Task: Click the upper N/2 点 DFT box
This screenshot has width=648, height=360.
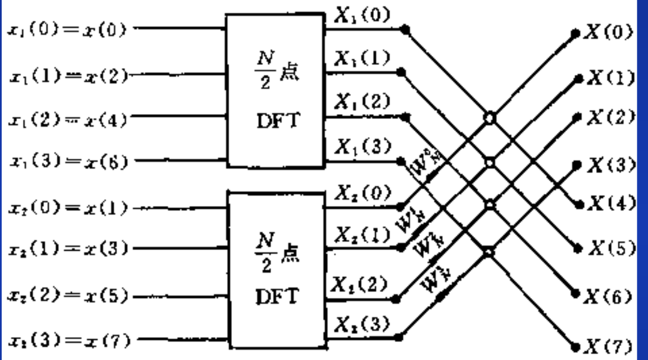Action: (275, 91)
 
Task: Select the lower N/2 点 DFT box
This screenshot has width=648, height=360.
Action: (275, 270)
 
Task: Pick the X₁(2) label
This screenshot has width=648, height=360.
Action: (362, 103)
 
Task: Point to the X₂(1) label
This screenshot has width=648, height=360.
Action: (362, 234)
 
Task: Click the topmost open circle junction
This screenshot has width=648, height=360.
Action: (488, 117)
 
